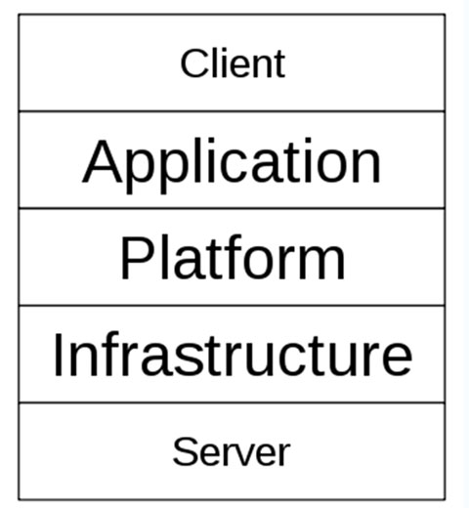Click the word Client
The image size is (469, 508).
coord(233,63)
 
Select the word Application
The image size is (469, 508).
coord(232,165)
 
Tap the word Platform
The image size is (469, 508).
coord(233,257)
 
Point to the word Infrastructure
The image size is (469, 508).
coord(233,355)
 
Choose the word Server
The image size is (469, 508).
coord(232,452)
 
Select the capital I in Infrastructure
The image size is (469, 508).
coord(58,355)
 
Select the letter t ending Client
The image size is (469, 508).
coord(280,65)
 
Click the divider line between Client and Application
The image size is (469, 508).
coord(232,111)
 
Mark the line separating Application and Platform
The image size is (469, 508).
coord(232,208)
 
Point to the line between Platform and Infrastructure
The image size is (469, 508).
coord(232,306)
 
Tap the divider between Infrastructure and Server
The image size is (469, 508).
coord(232,402)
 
